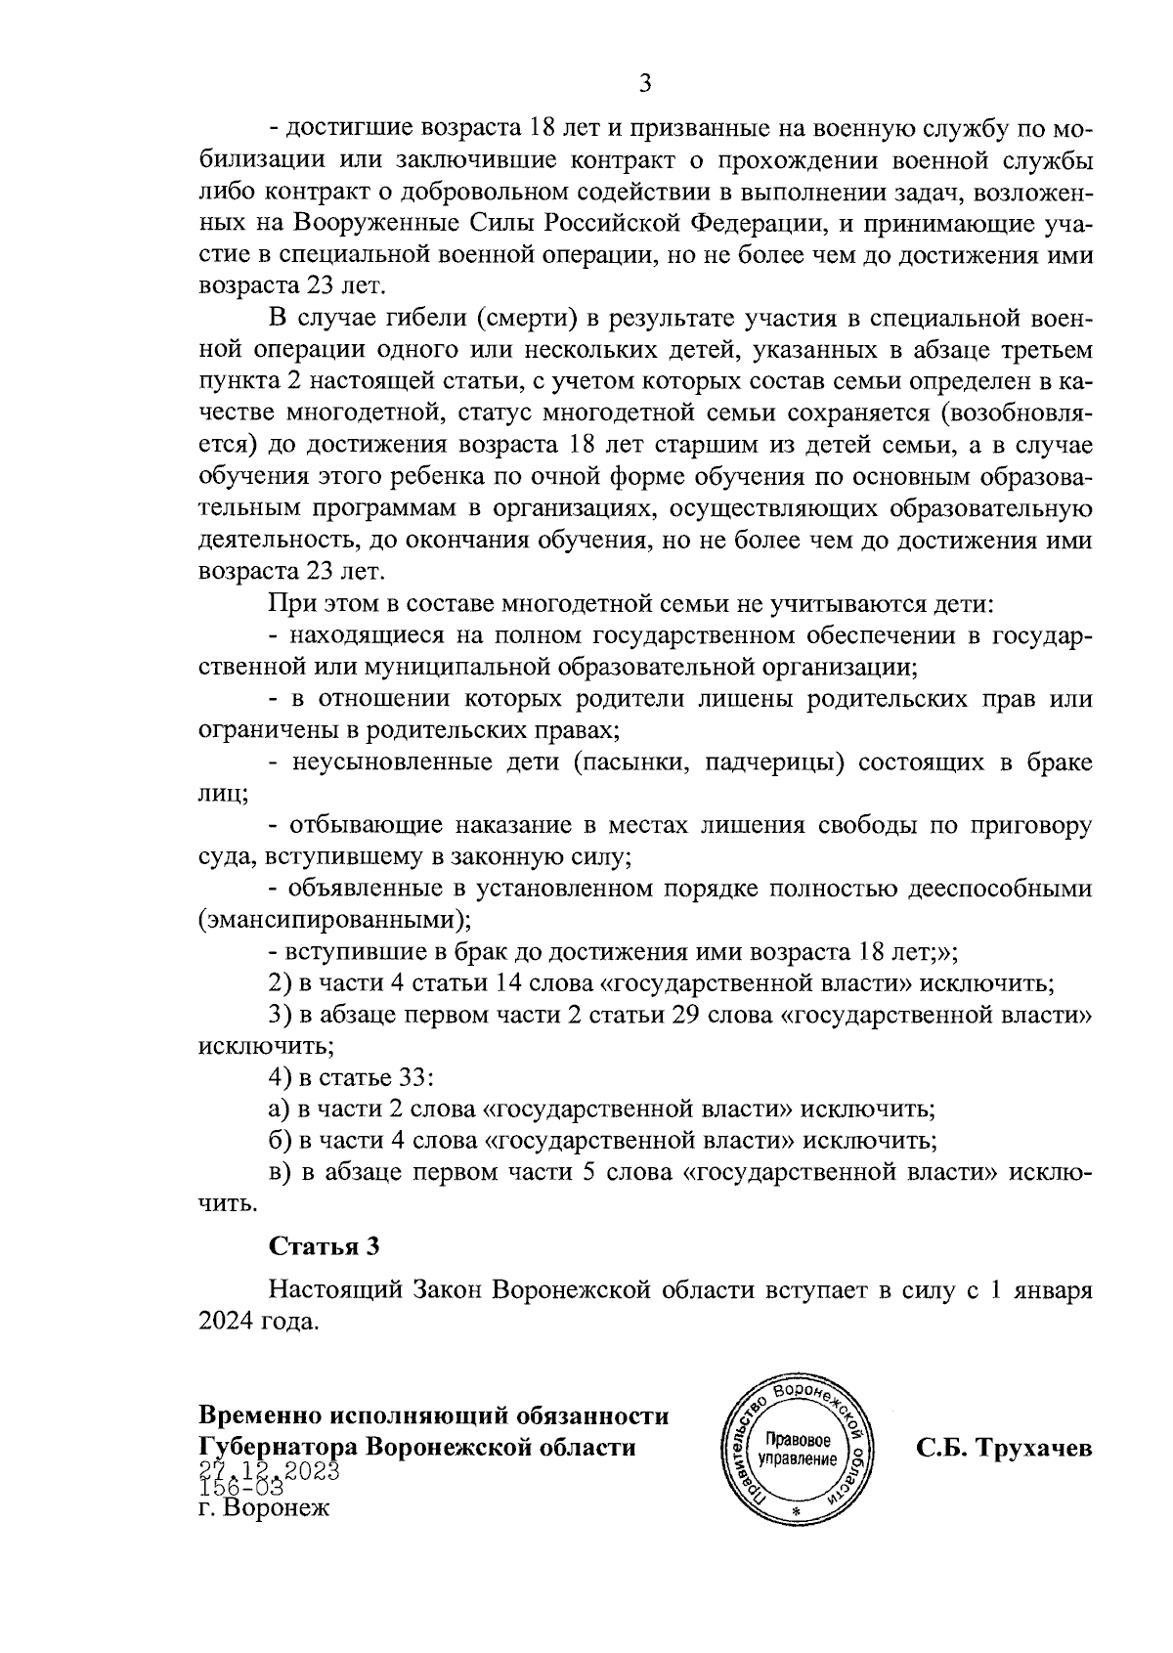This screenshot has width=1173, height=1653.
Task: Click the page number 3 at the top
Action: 644,84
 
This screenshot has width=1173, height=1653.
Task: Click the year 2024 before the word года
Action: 227,1323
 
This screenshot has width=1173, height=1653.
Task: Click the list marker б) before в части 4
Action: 280,1141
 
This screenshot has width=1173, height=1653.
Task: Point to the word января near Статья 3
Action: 1054,1290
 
